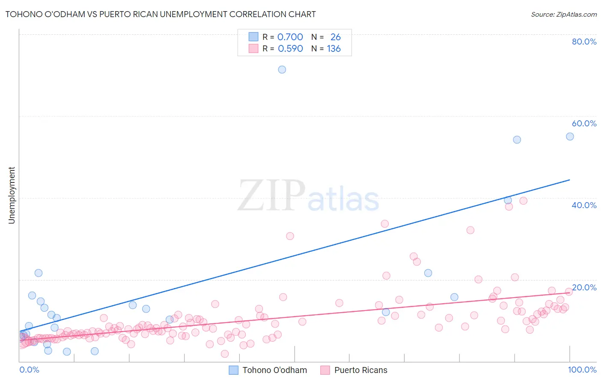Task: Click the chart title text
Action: coord(161,14)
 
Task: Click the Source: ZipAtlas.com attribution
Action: coord(563,14)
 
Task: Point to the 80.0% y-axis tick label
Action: coord(584,42)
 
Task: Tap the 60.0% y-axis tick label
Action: coord(584,123)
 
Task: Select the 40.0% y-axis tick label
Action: coord(584,205)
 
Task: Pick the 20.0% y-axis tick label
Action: coord(584,287)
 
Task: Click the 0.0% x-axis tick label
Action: coord(29,370)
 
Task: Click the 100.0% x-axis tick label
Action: coord(582,370)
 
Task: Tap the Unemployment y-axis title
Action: coord(12,195)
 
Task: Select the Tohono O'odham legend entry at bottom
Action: coord(274,370)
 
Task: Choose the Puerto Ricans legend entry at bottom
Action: coord(361,370)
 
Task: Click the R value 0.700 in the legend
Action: coord(290,37)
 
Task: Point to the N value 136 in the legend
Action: coord(334,49)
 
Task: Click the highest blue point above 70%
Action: coord(282,69)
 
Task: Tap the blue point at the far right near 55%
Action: coord(569,137)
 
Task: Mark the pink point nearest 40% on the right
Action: coord(523,200)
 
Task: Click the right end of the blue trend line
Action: coord(569,180)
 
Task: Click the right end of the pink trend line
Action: coord(569,293)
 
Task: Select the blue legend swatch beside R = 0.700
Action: coord(253,37)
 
